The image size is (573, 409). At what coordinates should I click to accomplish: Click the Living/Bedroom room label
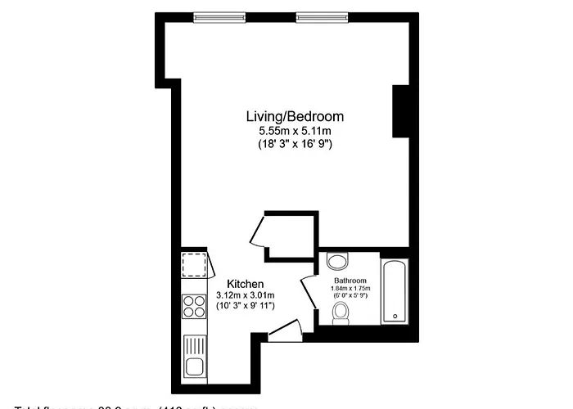[x=296, y=116]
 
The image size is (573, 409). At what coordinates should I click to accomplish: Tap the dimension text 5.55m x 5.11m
[x=296, y=130]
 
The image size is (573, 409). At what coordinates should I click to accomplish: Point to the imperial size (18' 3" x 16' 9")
[x=296, y=143]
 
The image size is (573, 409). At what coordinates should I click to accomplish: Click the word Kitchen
[x=246, y=284]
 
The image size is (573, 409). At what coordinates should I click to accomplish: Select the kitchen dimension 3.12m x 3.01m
[x=246, y=294]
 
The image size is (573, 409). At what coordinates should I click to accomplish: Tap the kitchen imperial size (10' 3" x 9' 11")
[x=246, y=305]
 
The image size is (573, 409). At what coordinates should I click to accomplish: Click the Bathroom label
[x=350, y=280]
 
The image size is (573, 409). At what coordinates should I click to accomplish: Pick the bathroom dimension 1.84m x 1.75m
[x=350, y=288]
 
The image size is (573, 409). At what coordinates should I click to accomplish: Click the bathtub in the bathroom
[x=395, y=290]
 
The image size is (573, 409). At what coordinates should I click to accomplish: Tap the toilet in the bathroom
[x=340, y=312]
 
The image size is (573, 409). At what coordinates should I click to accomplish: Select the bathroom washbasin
[x=337, y=261]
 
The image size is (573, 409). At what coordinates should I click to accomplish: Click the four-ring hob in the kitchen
[x=195, y=306]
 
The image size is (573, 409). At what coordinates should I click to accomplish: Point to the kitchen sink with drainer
[x=195, y=355]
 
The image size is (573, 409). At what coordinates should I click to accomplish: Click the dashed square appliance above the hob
[x=195, y=267]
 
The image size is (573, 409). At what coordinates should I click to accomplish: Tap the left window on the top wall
[x=220, y=17]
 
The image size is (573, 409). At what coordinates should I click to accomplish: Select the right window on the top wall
[x=323, y=17]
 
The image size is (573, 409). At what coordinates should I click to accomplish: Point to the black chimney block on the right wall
[x=401, y=112]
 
